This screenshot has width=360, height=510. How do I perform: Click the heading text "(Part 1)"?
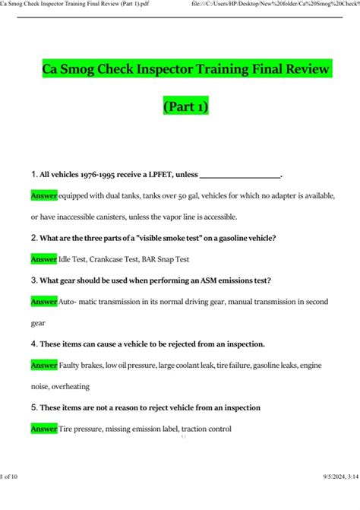(185, 107)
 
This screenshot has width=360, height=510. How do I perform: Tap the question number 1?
(33, 175)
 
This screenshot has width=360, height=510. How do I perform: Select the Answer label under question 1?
(43, 195)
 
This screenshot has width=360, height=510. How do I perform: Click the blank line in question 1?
(239, 176)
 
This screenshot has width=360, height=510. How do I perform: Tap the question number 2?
(33, 238)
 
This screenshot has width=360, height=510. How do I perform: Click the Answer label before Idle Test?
(43, 259)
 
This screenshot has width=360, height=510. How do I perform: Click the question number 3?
(33, 280)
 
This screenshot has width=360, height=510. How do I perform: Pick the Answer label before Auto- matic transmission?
(43, 302)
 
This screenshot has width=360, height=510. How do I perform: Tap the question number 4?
(33, 344)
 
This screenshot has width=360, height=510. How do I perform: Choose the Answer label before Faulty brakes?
(43, 365)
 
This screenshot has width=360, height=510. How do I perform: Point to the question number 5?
(33, 407)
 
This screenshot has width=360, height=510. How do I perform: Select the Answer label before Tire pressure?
(43, 429)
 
